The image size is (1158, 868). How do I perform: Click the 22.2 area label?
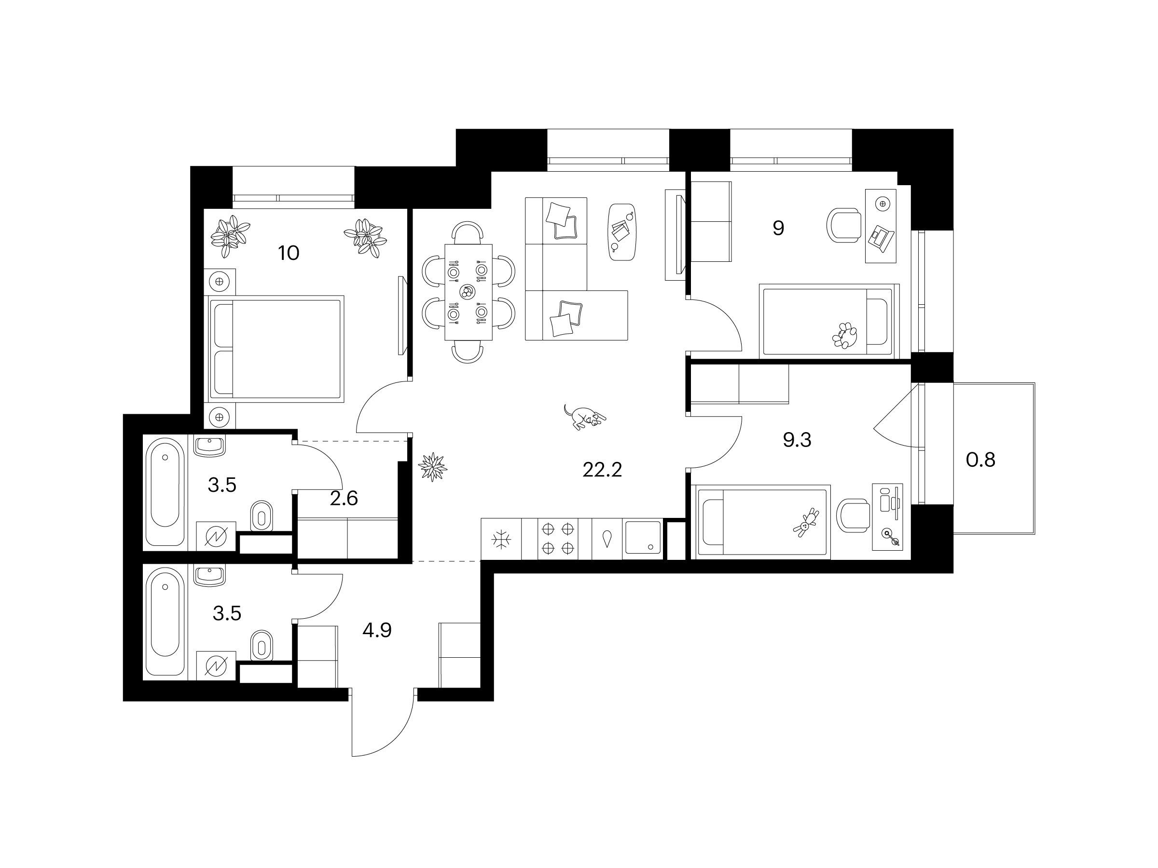click(602, 470)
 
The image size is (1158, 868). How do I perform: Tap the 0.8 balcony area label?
click(980, 460)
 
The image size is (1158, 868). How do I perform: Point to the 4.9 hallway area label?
click(377, 630)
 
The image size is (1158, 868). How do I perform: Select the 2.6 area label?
click(344, 499)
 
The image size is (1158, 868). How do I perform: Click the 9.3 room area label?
click(797, 440)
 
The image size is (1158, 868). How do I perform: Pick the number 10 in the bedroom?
click(289, 253)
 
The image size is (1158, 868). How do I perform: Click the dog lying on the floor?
click(585, 417)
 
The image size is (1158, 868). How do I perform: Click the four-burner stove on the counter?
click(557, 539)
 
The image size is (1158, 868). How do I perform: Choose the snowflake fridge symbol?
click(501, 540)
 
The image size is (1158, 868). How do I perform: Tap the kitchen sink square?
click(642, 538)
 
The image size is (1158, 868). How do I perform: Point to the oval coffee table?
click(623, 232)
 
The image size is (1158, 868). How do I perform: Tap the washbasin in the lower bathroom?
click(210, 574)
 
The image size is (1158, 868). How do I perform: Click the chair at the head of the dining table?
click(468, 232)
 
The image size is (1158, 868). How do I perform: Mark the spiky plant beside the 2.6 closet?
click(432, 467)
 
